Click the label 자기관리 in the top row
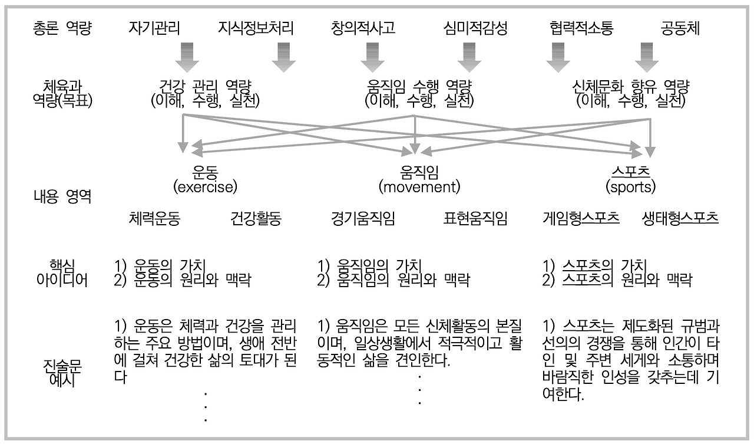(x=154, y=28)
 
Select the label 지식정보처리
(x=255, y=28)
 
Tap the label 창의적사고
(x=363, y=28)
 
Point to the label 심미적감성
(x=475, y=28)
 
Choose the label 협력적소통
(x=581, y=28)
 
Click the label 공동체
(x=680, y=28)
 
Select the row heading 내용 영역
(x=62, y=196)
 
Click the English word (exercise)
(x=205, y=188)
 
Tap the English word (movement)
(x=419, y=188)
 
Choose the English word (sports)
(x=630, y=188)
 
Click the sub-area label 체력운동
(x=154, y=219)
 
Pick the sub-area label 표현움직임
(x=475, y=219)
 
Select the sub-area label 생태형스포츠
(x=680, y=219)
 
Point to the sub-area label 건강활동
(x=256, y=219)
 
